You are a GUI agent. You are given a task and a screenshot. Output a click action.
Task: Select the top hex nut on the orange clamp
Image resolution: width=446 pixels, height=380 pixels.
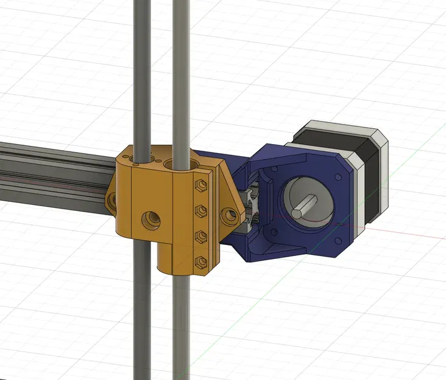pos(199,184)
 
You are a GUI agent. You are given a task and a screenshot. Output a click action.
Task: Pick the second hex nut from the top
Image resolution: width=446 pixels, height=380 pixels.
pos(199,210)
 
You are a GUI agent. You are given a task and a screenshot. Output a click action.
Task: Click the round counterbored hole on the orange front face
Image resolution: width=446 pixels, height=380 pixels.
pos(149,218)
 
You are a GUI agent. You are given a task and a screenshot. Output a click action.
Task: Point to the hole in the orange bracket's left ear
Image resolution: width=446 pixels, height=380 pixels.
pos(111,202)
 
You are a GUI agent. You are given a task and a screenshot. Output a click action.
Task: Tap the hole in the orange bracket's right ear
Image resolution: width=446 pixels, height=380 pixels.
pos(229,215)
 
